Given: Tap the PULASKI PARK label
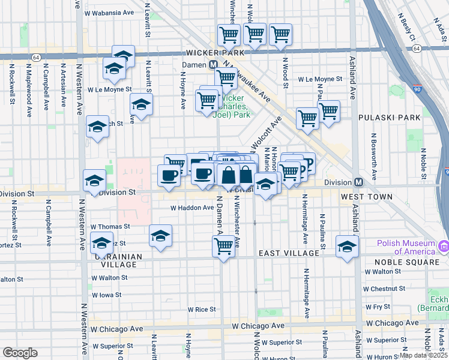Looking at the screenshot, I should click(385, 118).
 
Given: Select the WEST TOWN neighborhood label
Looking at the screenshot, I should click(366, 197).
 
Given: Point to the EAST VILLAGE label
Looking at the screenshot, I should click(289, 253).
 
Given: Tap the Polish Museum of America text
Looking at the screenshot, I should click(405, 243).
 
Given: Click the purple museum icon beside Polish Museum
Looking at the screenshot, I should click(444, 246).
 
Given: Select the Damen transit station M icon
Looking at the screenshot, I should click(213, 65).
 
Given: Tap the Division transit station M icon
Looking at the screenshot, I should click(358, 182).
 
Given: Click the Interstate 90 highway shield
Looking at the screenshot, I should click(418, 91).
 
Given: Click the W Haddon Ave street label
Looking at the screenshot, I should click(192, 208).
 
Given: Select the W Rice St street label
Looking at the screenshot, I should click(201, 310).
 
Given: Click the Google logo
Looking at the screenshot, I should click(20, 352).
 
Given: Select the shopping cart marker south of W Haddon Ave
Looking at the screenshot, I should click(223, 245).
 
